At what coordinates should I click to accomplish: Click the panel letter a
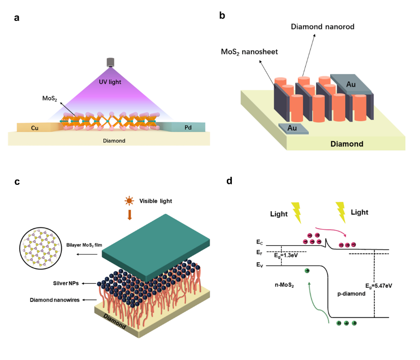(x=17, y=18)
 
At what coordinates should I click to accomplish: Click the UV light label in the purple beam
(x=110, y=82)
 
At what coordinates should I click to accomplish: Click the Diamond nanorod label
(x=322, y=27)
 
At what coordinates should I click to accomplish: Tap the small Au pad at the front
(x=292, y=128)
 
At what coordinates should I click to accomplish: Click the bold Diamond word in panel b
(x=347, y=144)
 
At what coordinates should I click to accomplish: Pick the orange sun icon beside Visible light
(x=129, y=200)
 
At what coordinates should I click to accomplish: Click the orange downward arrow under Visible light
(x=129, y=214)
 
